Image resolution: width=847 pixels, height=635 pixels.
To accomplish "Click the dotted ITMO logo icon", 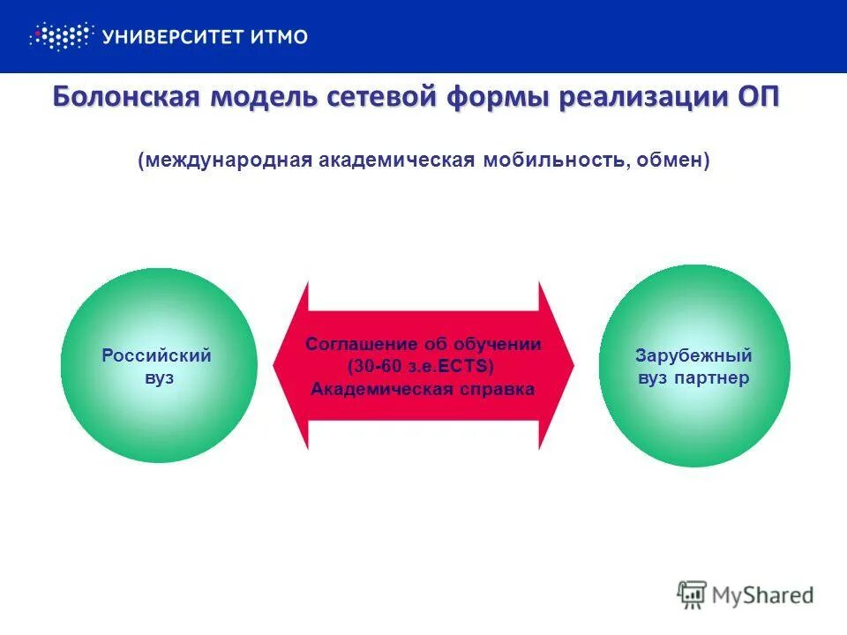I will click(x=61, y=36).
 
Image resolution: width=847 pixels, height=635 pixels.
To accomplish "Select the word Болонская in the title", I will click(x=124, y=97).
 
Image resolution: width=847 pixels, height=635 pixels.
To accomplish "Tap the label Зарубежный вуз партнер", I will click(x=693, y=367).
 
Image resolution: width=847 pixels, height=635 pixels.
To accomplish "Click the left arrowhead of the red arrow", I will click(x=290, y=365).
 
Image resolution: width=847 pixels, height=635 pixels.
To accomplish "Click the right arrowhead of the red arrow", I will click(x=558, y=365).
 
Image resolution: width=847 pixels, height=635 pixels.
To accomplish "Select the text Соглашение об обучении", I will click(x=423, y=345).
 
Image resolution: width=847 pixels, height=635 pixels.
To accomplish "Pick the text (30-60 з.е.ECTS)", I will click(x=421, y=366).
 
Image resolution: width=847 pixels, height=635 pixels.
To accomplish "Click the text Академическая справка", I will click(x=423, y=389).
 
